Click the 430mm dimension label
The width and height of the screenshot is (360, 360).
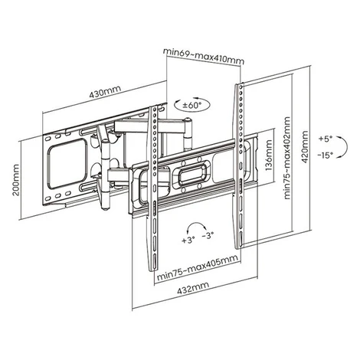coord(105,92)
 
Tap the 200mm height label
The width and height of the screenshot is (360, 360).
coord(16,180)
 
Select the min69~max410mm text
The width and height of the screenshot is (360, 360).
coord(204,56)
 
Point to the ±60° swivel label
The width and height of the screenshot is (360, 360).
coord(193,105)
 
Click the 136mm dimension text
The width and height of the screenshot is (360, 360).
coord(269,155)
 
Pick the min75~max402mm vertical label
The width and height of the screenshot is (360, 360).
coord(287,158)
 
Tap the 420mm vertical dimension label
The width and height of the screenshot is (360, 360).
coord(305,147)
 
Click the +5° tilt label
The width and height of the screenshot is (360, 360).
coord(326,139)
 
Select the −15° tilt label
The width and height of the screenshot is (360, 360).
coord(326,155)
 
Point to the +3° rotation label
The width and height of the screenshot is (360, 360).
coord(188,241)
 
